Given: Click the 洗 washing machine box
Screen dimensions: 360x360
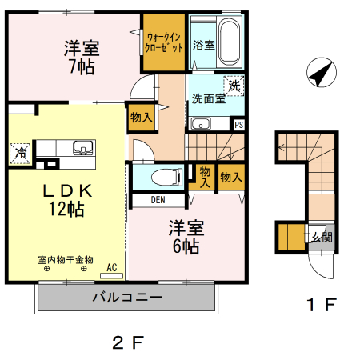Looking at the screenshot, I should tap(234, 84).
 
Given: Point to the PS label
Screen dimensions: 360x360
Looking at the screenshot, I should tap(238, 124).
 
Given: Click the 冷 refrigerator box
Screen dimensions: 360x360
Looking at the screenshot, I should tap(18, 152).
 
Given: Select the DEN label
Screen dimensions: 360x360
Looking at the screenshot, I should tap(157, 200).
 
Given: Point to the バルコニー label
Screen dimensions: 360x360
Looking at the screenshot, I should tap(126, 297).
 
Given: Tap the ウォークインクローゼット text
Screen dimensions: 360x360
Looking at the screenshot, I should tap(164, 41).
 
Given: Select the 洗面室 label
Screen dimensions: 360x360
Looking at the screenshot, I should tap(207, 100).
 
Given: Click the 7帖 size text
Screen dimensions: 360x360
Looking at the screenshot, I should tap(82, 67).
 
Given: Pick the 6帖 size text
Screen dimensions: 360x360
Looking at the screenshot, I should tap(186, 246).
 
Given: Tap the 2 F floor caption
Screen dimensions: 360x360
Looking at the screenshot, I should tap(127, 343).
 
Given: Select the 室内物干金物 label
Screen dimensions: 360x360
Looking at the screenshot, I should tap(66, 259).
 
